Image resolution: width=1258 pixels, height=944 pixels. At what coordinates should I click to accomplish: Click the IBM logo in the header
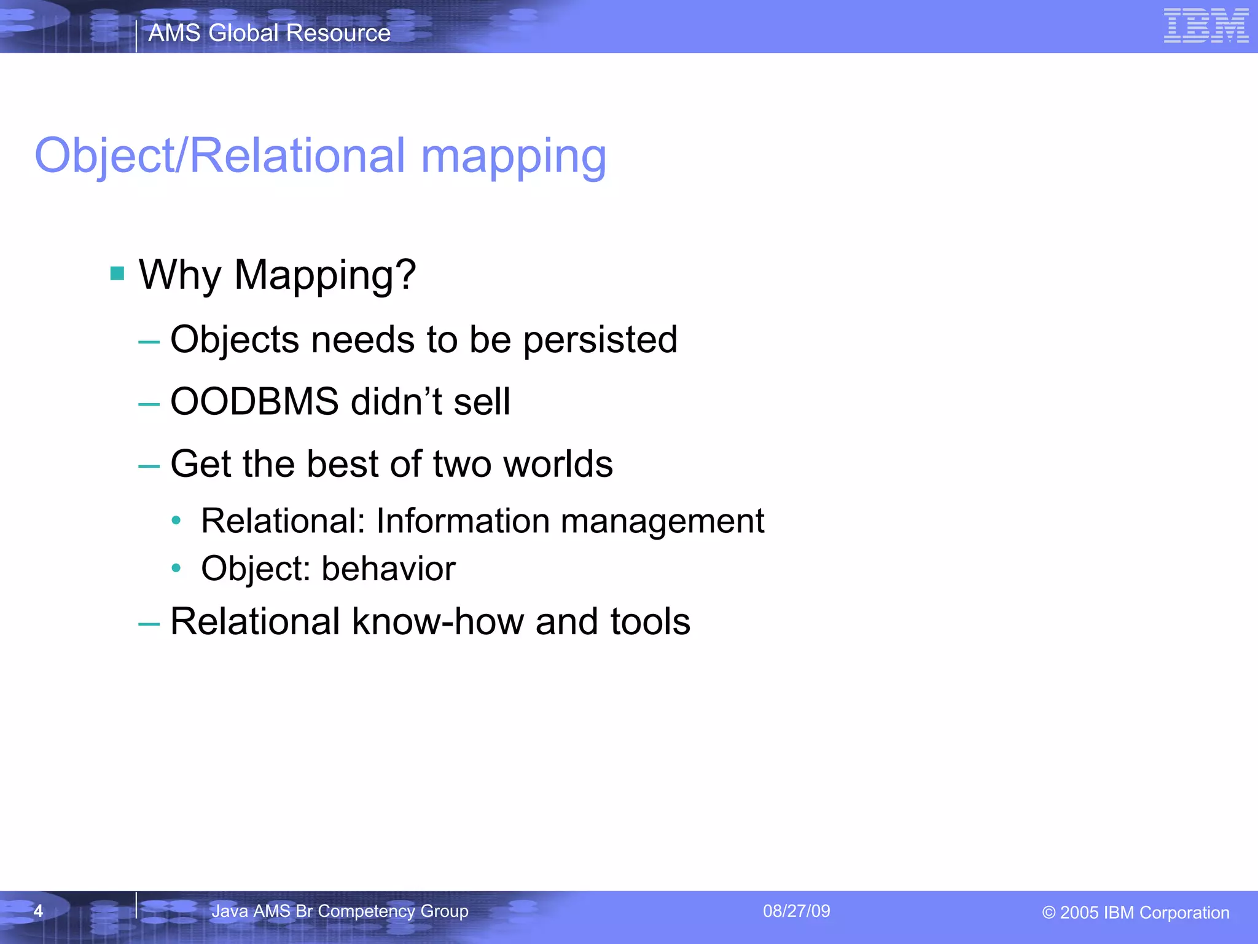(1206, 26)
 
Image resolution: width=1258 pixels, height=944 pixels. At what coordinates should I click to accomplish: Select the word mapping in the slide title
(514, 157)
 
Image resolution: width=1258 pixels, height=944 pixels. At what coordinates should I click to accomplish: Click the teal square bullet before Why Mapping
(117, 273)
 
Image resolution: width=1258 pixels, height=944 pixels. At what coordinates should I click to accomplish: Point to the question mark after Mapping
(405, 274)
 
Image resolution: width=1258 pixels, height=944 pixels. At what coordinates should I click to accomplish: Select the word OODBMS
(254, 401)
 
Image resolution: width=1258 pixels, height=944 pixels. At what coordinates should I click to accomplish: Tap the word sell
(482, 401)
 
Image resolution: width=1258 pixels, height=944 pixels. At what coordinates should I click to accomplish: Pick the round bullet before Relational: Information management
(176, 521)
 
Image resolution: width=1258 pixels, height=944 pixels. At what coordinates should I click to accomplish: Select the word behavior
(388, 568)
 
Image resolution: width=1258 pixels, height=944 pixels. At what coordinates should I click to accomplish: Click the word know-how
(437, 621)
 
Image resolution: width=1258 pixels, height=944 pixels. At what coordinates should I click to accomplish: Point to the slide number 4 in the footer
(38, 911)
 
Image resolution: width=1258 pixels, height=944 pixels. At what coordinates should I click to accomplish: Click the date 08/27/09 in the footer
(796, 911)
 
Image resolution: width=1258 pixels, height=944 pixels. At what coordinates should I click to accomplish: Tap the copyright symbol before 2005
(1049, 913)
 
